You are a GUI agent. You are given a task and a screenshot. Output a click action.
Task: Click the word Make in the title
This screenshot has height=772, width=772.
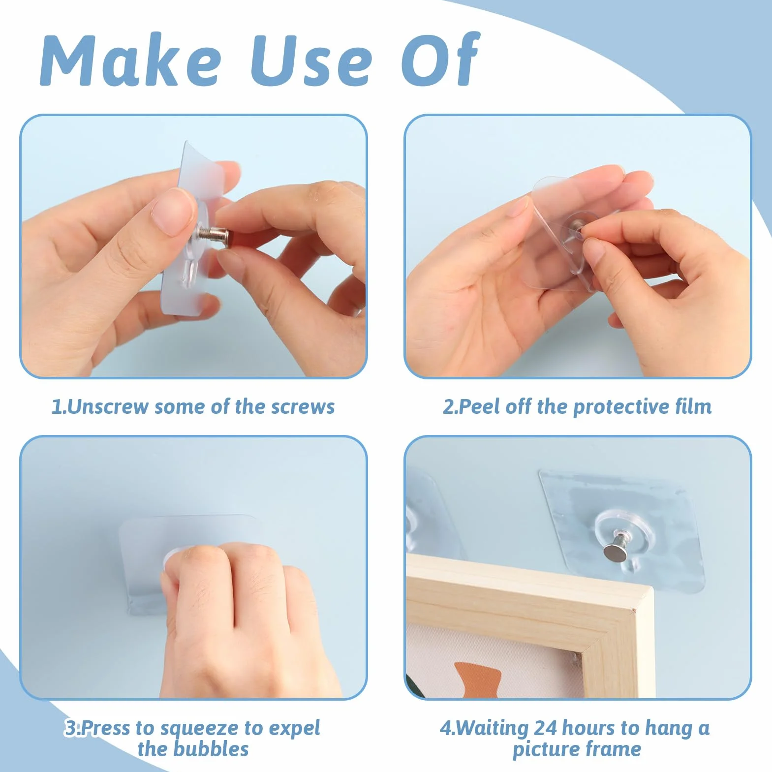tap(131, 61)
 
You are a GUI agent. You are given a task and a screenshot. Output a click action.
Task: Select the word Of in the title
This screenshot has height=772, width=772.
tap(440, 60)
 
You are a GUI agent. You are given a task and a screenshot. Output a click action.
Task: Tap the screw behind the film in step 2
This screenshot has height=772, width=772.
tap(577, 225)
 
